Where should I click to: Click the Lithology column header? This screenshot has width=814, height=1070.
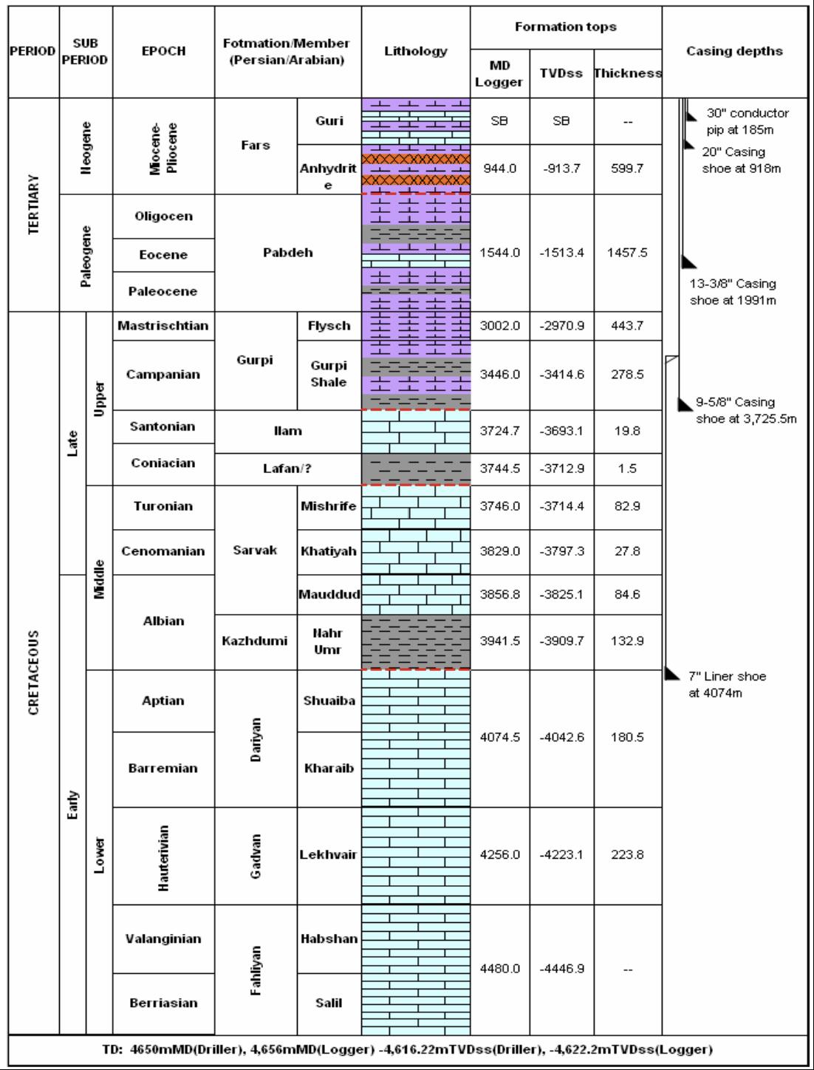[x=415, y=51]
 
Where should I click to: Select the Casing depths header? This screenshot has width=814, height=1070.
[x=734, y=51]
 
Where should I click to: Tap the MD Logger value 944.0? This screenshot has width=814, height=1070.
[x=499, y=168]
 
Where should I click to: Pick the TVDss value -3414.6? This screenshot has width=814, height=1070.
[x=561, y=375]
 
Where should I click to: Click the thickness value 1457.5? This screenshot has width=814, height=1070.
[x=627, y=253]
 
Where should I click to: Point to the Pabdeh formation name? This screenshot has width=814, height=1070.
[x=288, y=253]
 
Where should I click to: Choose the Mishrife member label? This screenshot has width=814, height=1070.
[x=329, y=506]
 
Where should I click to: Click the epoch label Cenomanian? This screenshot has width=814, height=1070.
[x=163, y=551]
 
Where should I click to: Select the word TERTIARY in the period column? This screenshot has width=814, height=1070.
[x=33, y=204]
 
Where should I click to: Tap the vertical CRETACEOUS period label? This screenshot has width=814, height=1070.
[x=33, y=672]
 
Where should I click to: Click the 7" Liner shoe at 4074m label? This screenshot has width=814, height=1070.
[x=727, y=684]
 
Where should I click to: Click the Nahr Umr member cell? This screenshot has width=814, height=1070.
[x=329, y=641]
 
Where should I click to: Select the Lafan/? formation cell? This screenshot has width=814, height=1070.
[x=288, y=468]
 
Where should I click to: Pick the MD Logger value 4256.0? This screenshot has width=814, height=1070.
[x=499, y=855]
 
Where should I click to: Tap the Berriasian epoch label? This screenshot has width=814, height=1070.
[x=163, y=1003]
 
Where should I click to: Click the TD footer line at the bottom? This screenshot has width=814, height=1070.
[x=406, y=1049]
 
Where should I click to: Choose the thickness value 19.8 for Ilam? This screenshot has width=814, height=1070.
[x=627, y=432]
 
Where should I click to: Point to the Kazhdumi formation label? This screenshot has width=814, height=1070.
[x=255, y=641]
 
